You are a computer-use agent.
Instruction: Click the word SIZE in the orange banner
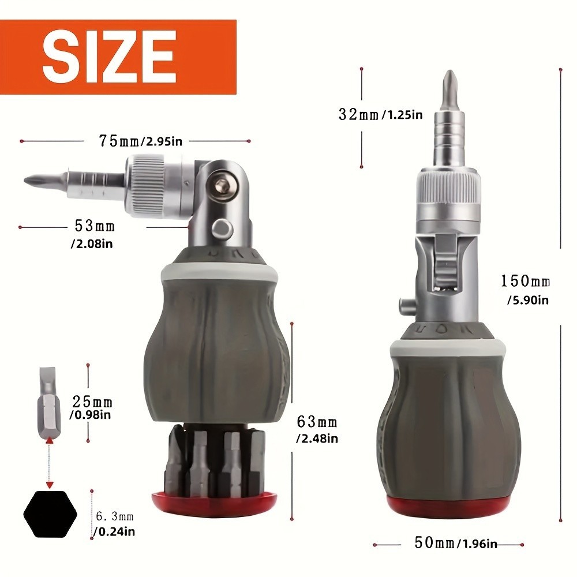[x=109, y=55]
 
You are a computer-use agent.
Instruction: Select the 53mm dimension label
[x=95, y=226]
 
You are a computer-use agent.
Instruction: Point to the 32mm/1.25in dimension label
[x=380, y=114]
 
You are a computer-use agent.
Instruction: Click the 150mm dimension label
[x=525, y=282]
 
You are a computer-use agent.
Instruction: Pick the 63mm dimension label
[x=316, y=422]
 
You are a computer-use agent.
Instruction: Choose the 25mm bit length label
[x=92, y=402]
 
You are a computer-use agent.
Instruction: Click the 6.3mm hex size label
[x=114, y=516]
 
